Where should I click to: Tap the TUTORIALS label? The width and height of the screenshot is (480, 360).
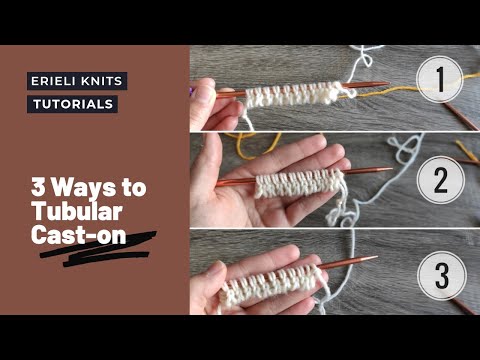pyautogui.click(x=73, y=104)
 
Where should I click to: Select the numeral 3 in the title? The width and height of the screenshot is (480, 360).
pyautogui.click(x=39, y=187)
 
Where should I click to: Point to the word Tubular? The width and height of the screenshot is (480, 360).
pyautogui.click(x=77, y=211)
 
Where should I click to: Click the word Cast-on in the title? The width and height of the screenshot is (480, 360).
pyautogui.click(x=79, y=235)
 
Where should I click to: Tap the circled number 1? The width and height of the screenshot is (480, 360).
pyautogui.click(x=440, y=79)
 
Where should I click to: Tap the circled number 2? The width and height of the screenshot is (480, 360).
pyautogui.click(x=441, y=180)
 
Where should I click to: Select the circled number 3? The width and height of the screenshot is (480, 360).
pyautogui.click(x=442, y=276)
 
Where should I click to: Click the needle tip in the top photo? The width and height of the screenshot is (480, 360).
pyautogui.click(x=387, y=84)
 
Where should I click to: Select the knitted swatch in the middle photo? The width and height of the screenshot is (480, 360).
pyautogui.click(x=298, y=184)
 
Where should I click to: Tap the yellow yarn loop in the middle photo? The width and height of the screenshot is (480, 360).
pyautogui.click(x=253, y=145)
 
